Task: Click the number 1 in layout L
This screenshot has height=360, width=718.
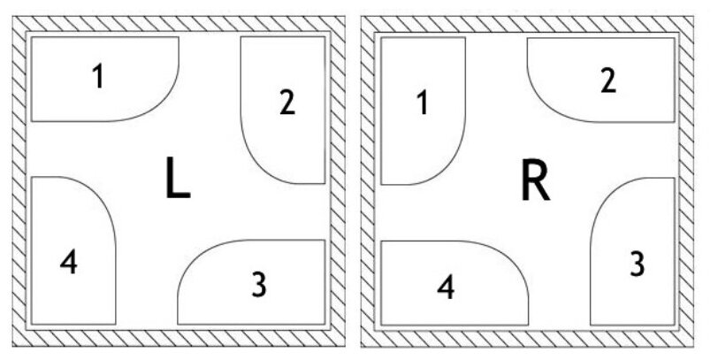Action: pyautogui.click(x=98, y=78)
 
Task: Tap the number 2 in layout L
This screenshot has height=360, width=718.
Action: pyautogui.click(x=286, y=103)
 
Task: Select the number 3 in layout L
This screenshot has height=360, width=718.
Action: pyautogui.click(x=258, y=284)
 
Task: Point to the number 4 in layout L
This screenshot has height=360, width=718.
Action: pyautogui.click(x=69, y=262)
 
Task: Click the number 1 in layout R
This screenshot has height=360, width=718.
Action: pyautogui.click(x=422, y=103)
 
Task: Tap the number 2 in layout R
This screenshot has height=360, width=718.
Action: pyautogui.click(x=607, y=80)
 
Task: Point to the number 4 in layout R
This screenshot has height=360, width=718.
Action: pyautogui.click(x=447, y=287)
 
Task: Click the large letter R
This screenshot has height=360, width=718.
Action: pyautogui.click(x=534, y=182)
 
